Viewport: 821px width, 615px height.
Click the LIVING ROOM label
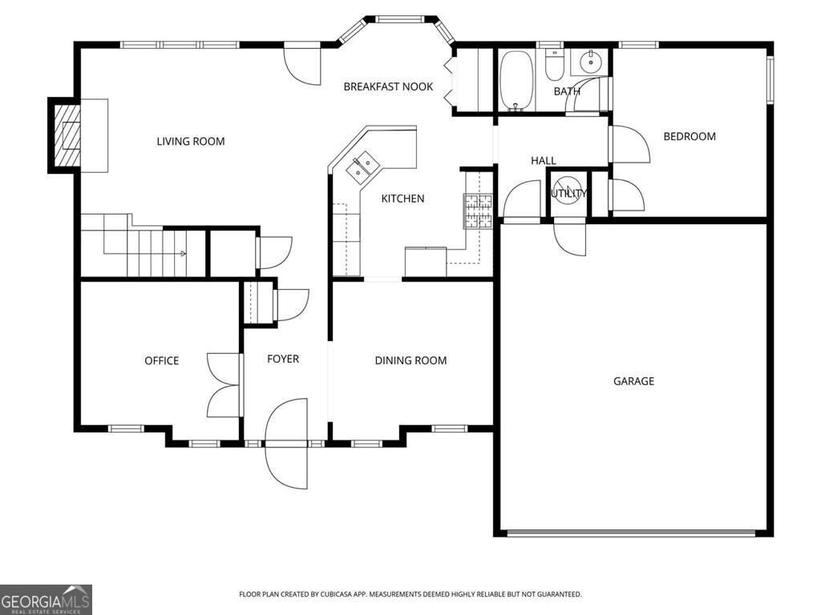[x=190, y=142]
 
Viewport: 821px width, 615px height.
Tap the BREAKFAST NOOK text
[x=388, y=86]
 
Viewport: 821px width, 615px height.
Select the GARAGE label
[x=633, y=381]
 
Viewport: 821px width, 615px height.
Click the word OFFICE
[x=161, y=361]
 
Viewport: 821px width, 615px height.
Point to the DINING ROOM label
[x=410, y=361]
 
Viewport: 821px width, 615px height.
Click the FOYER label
[x=282, y=359]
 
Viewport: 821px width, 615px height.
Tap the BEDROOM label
[x=689, y=137]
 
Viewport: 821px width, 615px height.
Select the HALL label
[x=543, y=161]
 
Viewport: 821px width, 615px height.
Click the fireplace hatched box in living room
[x=68, y=135]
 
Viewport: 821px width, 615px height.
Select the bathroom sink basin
[x=592, y=60]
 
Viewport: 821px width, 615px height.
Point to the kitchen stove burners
[x=478, y=211]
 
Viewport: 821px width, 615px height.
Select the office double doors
[x=224, y=385]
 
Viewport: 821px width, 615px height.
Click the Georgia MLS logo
[x=46, y=599]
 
